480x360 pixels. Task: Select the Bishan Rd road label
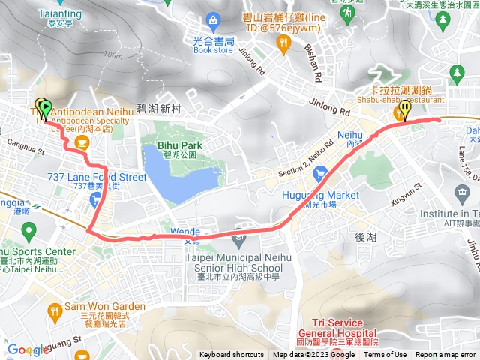click(x=313, y=65)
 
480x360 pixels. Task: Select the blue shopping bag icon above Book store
click(x=214, y=19)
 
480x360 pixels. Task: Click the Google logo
click(x=28, y=349)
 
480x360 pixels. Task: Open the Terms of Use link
click(x=385, y=355)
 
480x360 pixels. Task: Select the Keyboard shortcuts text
click(x=232, y=355)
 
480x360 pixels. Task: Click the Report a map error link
click(x=445, y=355)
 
